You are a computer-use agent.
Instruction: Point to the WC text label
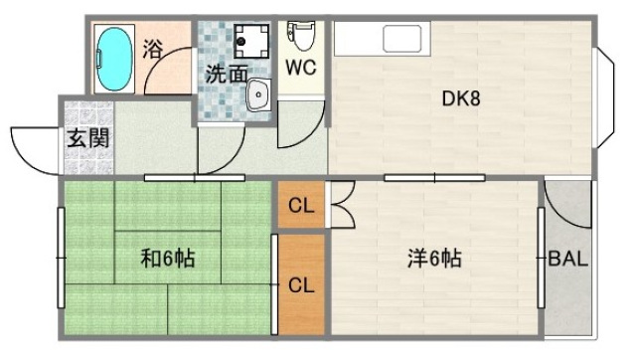[x=301, y=68]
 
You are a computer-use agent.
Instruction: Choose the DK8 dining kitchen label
[x=461, y=98]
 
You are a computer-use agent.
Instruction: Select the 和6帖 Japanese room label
[x=166, y=260]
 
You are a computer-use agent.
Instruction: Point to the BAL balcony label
[x=568, y=260]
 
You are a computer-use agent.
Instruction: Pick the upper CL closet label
[x=300, y=207]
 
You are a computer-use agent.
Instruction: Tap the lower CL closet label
[x=300, y=284]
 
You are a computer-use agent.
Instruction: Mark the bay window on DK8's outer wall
[x=603, y=97]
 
